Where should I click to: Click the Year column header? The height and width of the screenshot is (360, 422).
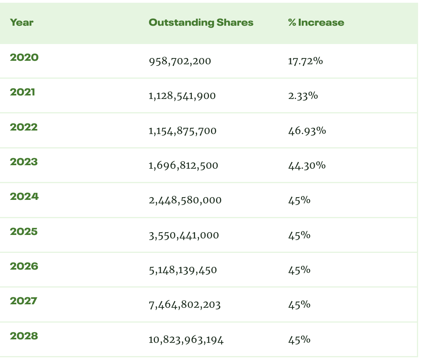coord(21,23)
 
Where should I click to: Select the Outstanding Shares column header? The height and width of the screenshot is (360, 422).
coord(201,23)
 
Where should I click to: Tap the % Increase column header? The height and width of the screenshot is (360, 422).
coord(316,23)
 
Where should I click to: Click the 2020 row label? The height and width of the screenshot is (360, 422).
coord(24,58)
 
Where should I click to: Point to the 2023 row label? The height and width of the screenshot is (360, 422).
coord(24,162)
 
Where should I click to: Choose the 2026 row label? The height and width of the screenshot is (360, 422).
coord(24,266)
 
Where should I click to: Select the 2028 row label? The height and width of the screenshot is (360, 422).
coord(24,336)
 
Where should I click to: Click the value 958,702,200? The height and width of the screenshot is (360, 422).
coord(180,61)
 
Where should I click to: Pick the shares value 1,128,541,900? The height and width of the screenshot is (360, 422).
coord(182,96)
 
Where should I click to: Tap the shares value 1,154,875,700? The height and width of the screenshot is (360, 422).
coord(183,131)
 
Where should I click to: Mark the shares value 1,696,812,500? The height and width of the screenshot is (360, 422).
coord(183,166)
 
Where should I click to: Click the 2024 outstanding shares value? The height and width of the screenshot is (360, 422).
coord(185,201)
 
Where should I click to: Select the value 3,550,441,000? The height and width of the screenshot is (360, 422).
coord(184,236)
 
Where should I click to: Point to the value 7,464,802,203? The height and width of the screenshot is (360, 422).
coord(184,305)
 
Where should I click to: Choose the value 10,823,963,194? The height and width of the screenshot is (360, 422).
coord(186,340)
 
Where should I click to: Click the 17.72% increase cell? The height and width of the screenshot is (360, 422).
coord(305,61)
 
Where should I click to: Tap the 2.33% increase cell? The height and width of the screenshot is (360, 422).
coord(303,96)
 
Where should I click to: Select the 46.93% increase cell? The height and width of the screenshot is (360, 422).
coord(307,131)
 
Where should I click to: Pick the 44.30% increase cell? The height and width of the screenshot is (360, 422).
coord(307,166)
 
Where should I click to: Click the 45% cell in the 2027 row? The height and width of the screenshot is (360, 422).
coord(299,305)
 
